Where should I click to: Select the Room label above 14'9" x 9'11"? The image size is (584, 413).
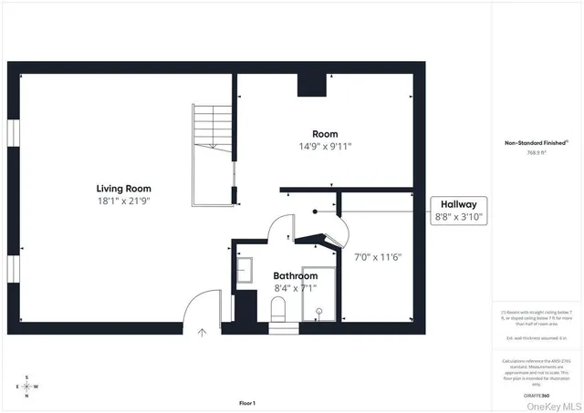(325, 134)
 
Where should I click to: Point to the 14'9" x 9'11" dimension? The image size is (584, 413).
(325, 146)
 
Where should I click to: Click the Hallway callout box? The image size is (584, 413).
(459, 211)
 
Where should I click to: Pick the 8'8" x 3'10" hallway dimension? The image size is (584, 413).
(459, 218)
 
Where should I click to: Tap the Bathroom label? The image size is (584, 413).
(296, 275)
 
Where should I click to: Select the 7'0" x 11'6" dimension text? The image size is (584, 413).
(377, 257)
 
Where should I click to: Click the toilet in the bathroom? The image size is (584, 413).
(279, 308)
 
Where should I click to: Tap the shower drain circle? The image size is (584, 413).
(319, 311)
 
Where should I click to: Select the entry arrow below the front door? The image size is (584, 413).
(203, 334)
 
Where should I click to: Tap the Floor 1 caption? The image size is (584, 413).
(247, 403)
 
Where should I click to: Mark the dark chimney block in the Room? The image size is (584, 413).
(312, 85)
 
